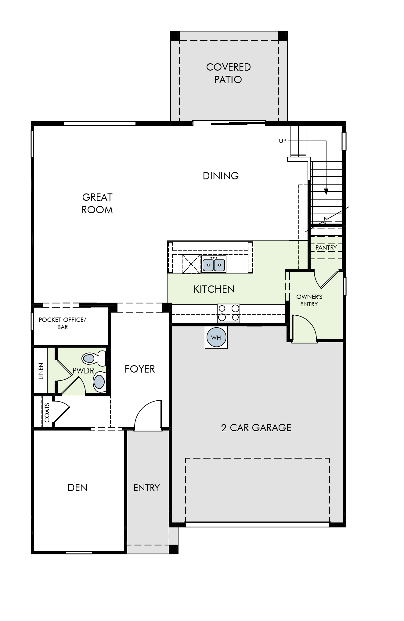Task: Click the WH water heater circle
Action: tap(216, 337)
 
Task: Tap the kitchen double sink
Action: tap(214, 264)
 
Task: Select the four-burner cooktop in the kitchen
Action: tap(229, 313)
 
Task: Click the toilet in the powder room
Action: tap(94, 358)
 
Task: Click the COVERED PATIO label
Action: tap(229, 73)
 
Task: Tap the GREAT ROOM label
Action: tap(97, 204)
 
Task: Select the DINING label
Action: tap(221, 176)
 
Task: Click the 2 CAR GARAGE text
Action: tap(256, 428)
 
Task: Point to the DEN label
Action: tap(78, 487)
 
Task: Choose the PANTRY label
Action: tap(326, 248)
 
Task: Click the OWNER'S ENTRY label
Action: tap(309, 300)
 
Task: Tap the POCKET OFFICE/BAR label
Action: tap(63, 323)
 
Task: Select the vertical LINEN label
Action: tap(41, 371)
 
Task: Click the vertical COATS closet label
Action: tap(47, 413)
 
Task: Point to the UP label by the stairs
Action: tap(283, 141)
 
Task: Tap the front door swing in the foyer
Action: tap(148, 415)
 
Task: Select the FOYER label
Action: tap(140, 369)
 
